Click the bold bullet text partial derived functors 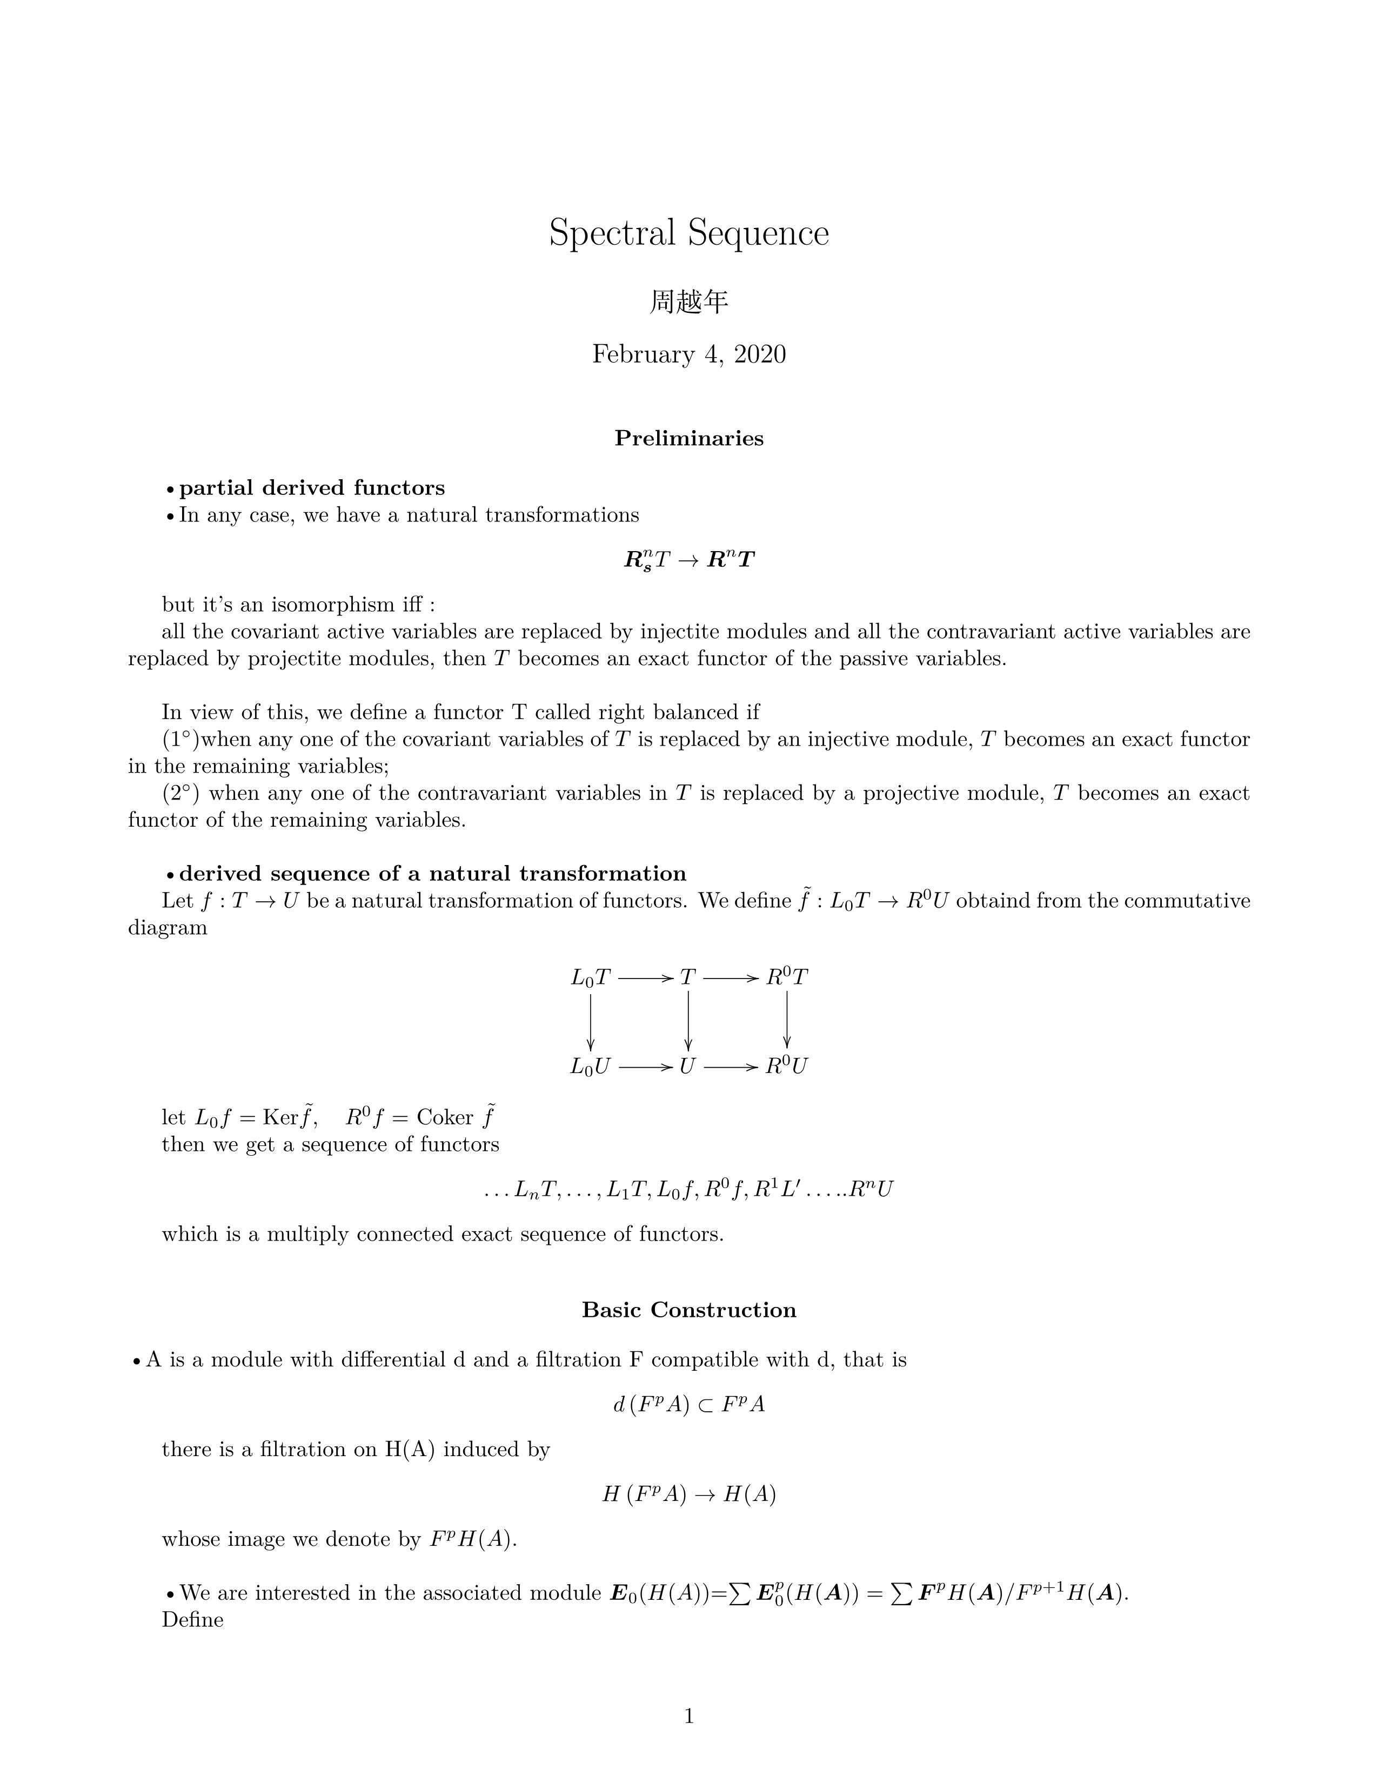[x=311, y=488]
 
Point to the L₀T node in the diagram [x=590, y=977]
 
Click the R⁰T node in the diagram [x=786, y=977]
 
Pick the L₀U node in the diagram [x=590, y=1066]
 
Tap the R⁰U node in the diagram [x=786, y=1066]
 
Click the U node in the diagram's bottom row [x=687, y=1066]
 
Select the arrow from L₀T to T [x=645, y=977]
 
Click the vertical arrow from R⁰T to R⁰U [x=786, y=1021]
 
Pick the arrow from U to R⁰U [x=731, y=1066]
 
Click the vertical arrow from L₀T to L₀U [x=590, y=1021]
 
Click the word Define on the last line [x=193, y=1619]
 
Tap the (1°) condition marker [x=180, y=740]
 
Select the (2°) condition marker [x=180, y=794]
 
